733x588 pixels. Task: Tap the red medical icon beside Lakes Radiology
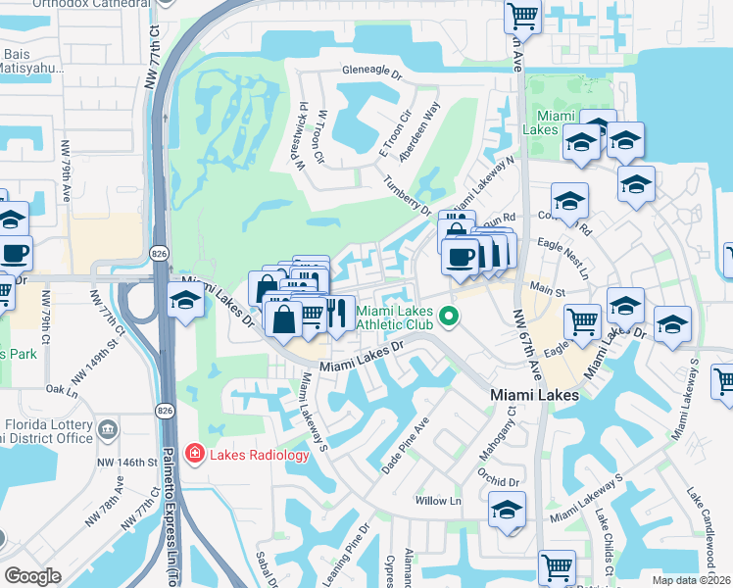195,455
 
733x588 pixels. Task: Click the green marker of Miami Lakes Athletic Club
449,316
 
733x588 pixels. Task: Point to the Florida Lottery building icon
107,427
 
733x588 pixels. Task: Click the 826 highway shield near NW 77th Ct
158,254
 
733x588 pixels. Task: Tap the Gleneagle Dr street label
372,72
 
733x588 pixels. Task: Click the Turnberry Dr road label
408,194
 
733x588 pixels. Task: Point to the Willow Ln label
438,501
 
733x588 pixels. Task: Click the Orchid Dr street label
500,481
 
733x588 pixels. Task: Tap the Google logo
32,576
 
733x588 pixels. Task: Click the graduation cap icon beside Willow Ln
507,510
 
